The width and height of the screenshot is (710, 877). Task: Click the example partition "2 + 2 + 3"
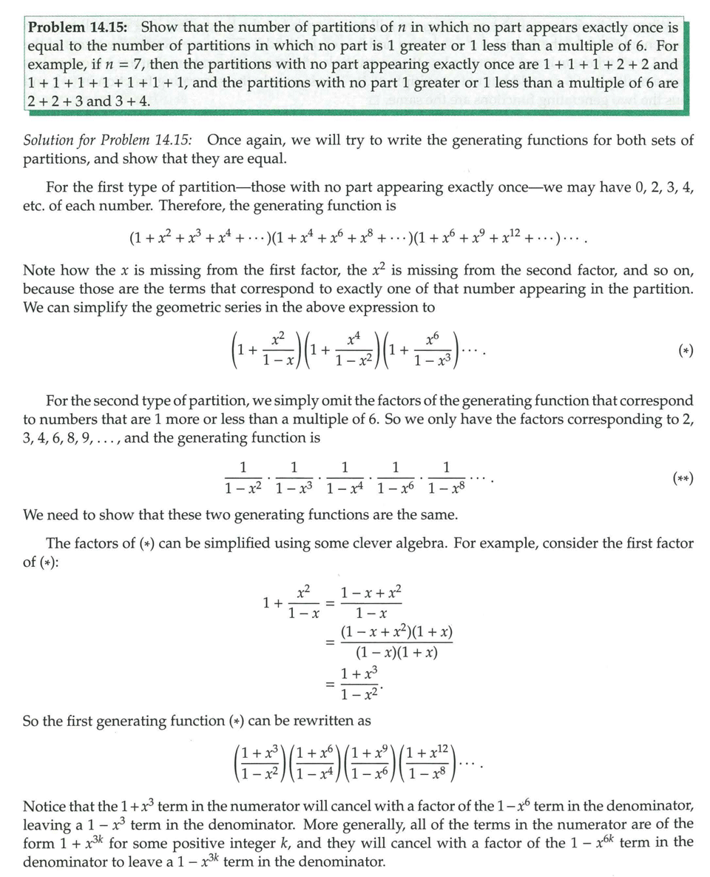pyautogui.click(x=53, y=101)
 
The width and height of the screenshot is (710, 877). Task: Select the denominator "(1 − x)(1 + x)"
pyautogui.click(x=396, y=652)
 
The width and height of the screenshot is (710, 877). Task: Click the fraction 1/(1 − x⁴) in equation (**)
pyautogui.click(x=344, y=477)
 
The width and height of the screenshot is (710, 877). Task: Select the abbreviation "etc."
pyautogui.click(x=34, y=204)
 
